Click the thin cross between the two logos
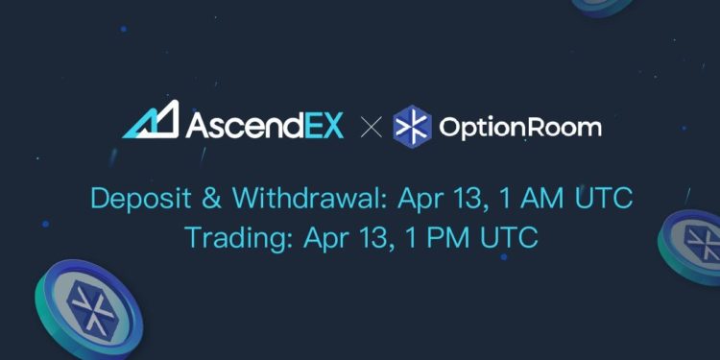(x=370, y=127)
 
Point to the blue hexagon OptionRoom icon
(x=412, y=127)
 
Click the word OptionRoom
(x=519, y=127)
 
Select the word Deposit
(x=135, y=199)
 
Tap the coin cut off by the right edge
(x=693, y=245)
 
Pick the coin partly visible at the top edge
(x=602, y=5)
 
